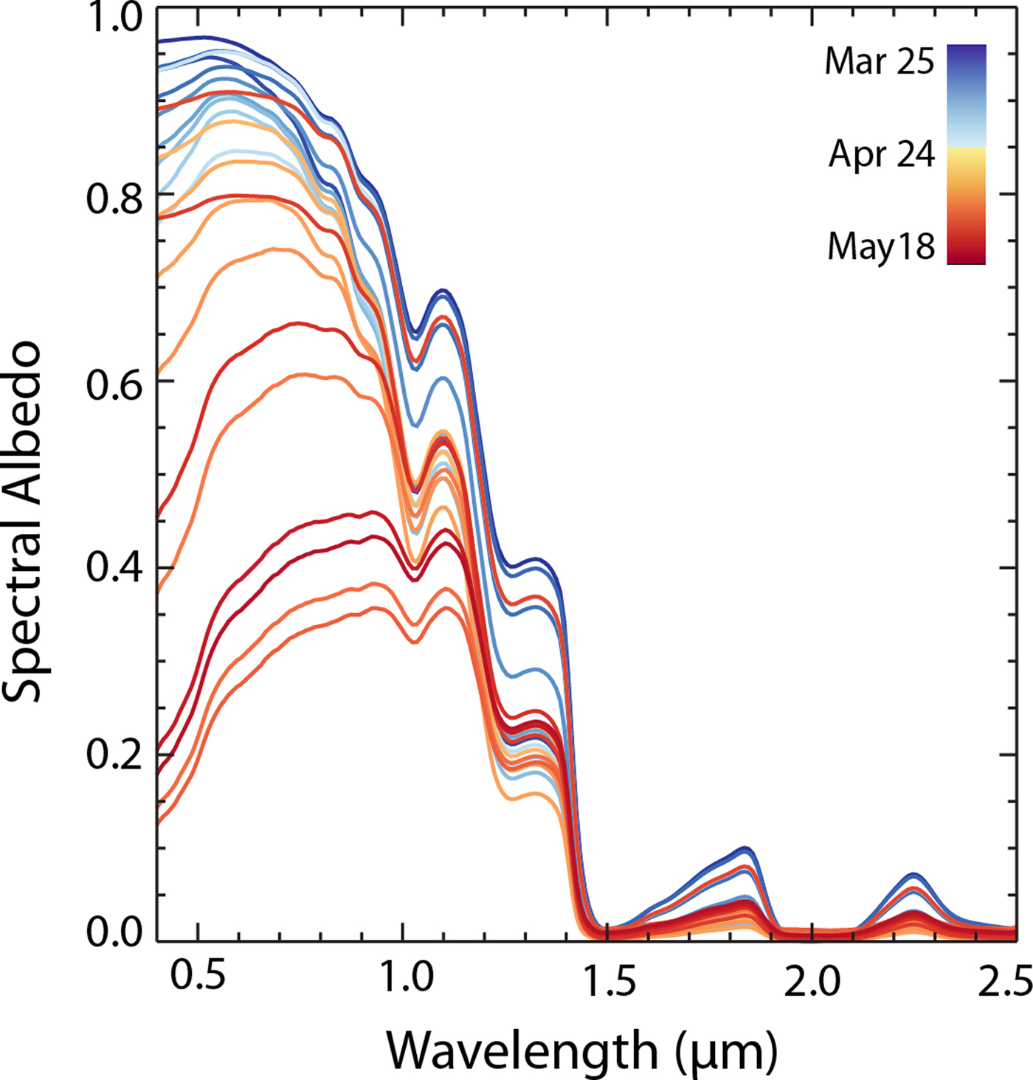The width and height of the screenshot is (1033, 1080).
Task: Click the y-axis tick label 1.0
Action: pyautogui.click(x=114, y=18)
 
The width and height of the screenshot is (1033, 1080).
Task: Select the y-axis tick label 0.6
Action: pyautogui.click(x=114, y=384)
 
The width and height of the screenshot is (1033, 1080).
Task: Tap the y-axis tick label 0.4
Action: pyautogui.click(x=114, y=570)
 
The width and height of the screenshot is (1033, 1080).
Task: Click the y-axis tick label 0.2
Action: pyautogui.click(x=114, y=755)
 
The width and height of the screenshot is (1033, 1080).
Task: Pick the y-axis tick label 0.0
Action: pyautogui.click(x=114, y=932)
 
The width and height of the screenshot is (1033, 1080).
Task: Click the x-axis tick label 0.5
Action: pyautogui.click(x=198, y=977)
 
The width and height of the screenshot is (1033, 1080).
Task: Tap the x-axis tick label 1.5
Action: pyautogui.click(x=607, y=980)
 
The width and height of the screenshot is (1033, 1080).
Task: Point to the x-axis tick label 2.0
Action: pyautogui.click(x=812, y=980)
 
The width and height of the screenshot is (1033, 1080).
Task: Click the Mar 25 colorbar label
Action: pyautogui.click(x=879, y=61)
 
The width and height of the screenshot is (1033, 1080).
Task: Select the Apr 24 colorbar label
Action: pyautogui.click(x=881, y=155)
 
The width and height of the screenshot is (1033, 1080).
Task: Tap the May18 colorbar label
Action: pyautogui.click(x=881, y=246)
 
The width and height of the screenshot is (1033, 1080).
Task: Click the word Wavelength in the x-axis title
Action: pyautogui.click(x=522, y=1050)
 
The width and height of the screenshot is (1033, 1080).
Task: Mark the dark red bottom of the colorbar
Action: pyautogui.click(x=967, y=255)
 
